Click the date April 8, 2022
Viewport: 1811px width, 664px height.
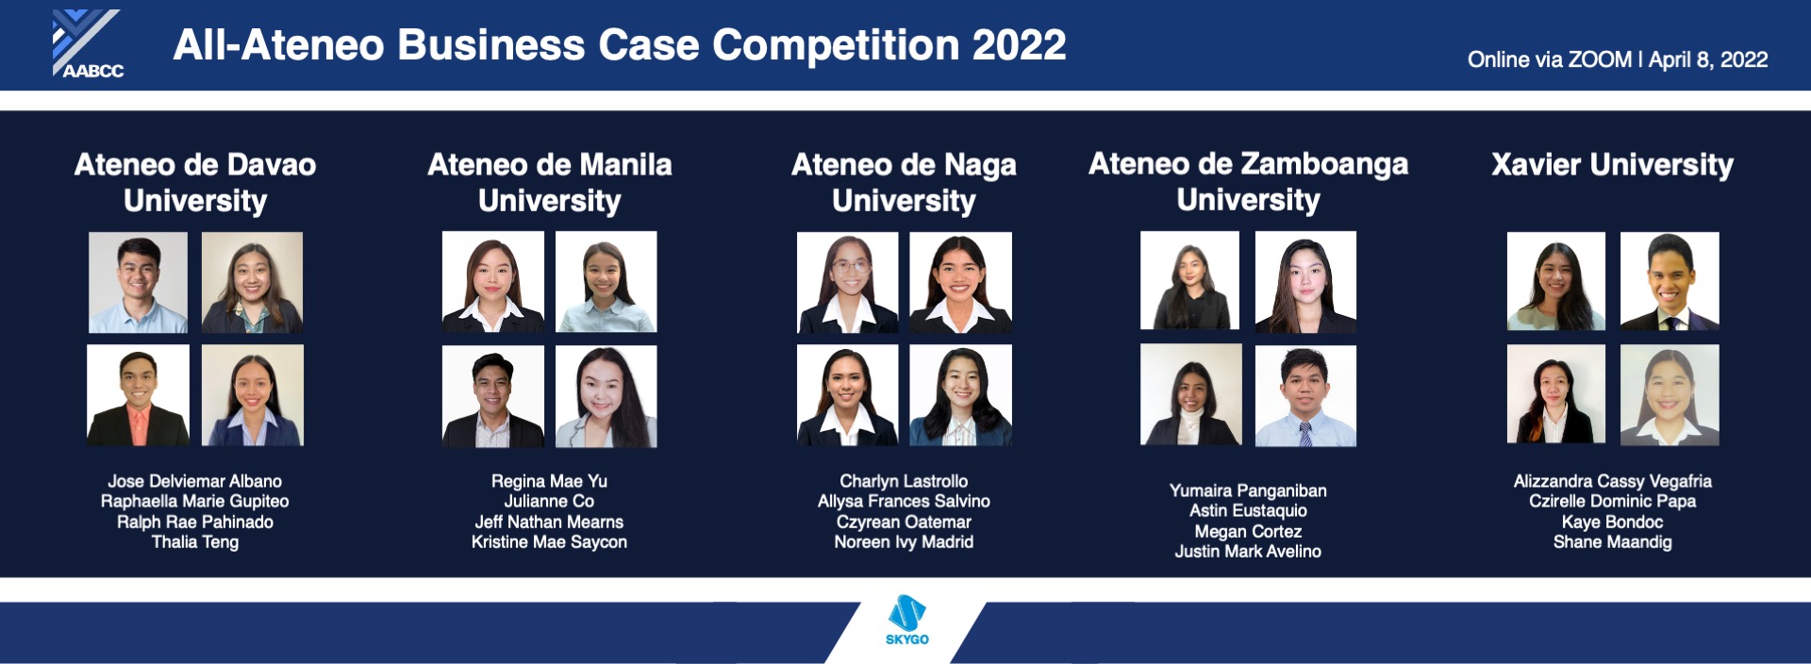(1708, 60)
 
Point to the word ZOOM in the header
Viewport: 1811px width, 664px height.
(1599, 60)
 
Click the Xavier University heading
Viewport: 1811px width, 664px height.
(1612, 165)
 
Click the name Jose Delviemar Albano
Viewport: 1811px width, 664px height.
(194, 481)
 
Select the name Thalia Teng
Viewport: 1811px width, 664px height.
(194, 542)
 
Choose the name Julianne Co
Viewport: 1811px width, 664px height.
(549, 502)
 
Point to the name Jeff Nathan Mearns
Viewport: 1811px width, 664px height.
(549, 522)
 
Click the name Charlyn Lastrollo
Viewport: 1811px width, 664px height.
(904, 481)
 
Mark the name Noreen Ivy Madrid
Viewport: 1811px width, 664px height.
(904, 542)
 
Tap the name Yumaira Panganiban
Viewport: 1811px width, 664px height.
(1248, 490)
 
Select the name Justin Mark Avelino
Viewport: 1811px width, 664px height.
(1248, 552)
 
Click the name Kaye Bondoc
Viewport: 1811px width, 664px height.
(1612, 522)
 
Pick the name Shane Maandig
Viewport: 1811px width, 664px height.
(1612, 542)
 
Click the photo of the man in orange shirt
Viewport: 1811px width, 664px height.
(138, 395)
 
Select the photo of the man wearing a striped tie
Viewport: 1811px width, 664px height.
(1305, 395)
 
